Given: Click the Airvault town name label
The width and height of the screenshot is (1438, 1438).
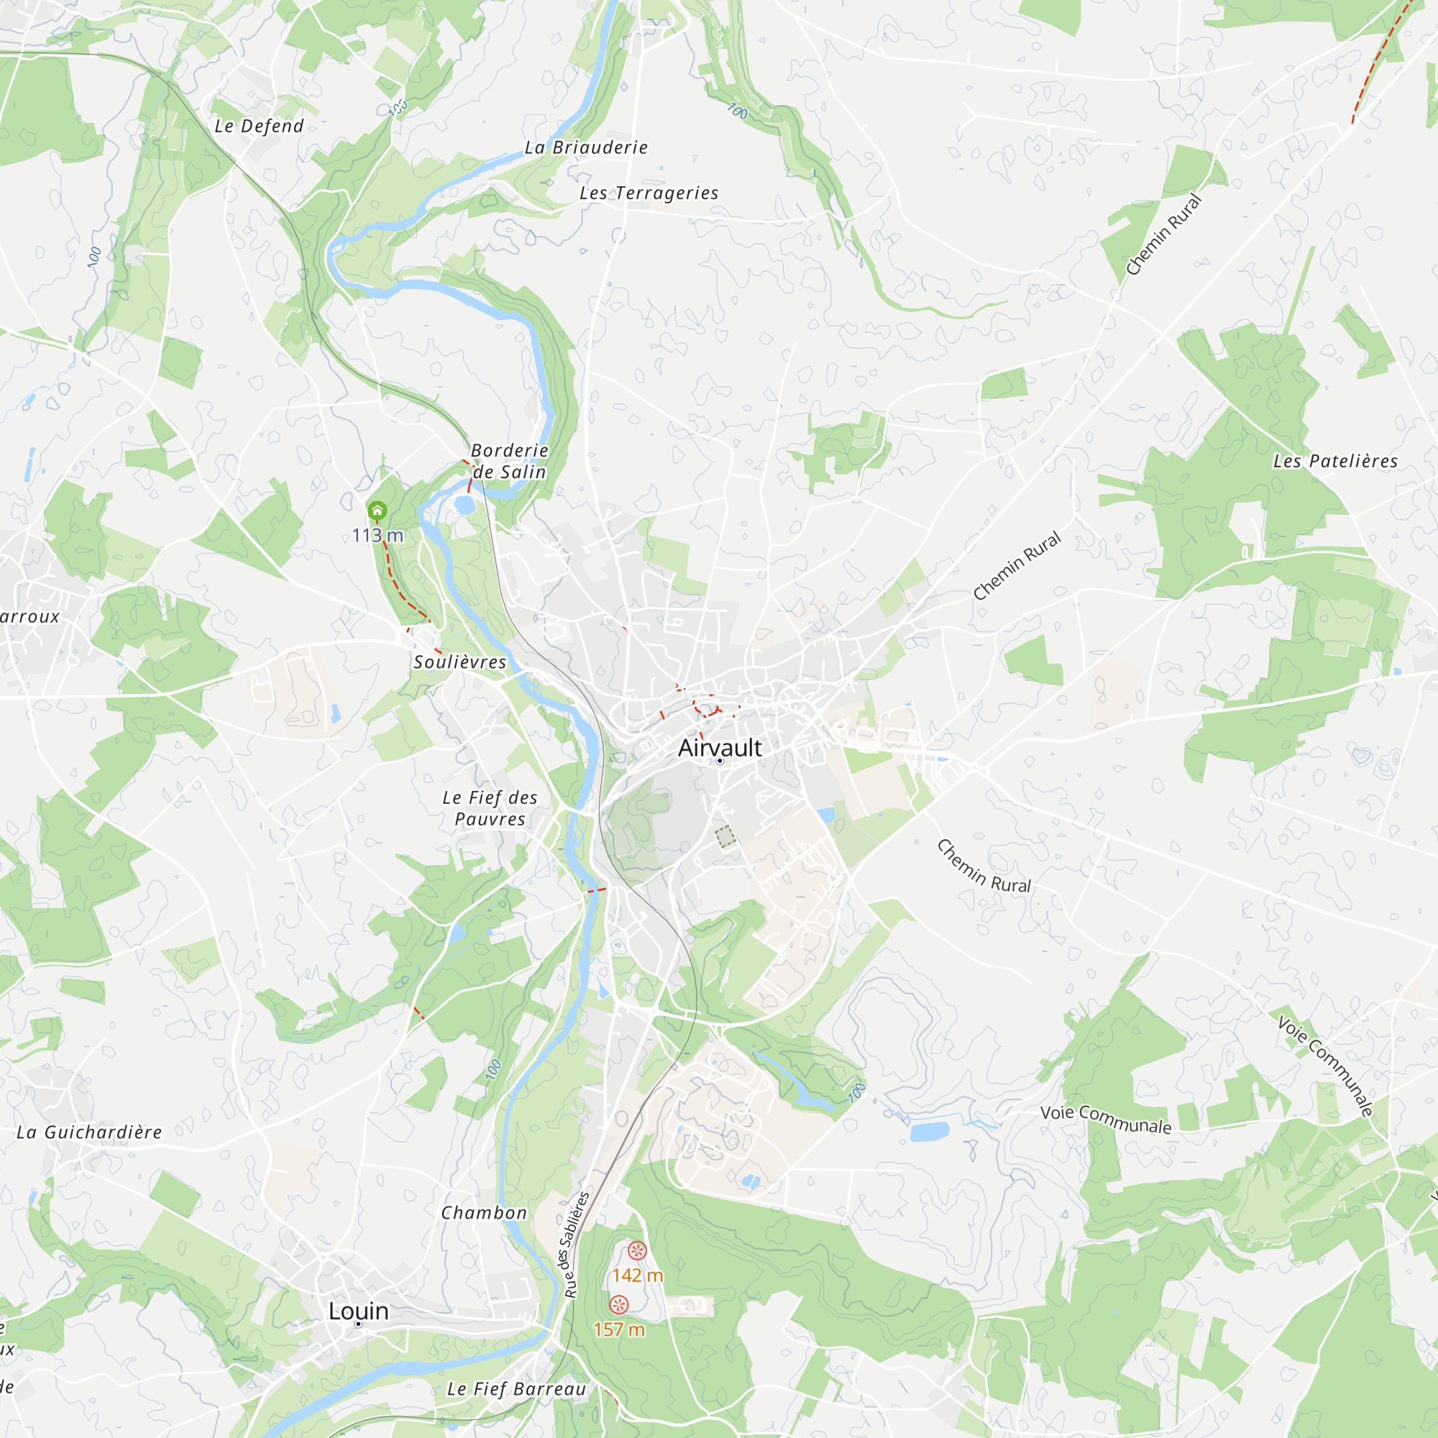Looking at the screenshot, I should (720, 747).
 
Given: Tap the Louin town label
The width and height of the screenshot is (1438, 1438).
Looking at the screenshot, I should (359, 1311).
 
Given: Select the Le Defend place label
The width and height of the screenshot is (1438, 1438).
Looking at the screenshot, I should (259, 126).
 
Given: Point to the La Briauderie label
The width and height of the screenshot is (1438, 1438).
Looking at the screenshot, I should (587, 147).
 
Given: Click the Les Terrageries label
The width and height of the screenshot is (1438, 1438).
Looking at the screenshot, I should (649, 193).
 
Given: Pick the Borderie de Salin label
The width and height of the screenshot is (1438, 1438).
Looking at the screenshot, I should (510, 462).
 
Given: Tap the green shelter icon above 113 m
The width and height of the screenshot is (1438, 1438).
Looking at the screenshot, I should (377, 510).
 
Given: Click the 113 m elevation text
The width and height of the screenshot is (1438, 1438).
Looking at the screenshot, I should (377, 535).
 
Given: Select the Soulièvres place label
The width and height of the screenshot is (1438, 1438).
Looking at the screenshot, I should (460, 661).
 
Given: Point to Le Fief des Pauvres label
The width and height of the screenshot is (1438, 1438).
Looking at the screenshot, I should (490, 808).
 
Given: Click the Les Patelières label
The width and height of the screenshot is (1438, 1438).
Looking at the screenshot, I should (1335, 462).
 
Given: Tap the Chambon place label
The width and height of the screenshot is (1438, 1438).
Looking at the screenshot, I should (484, 1213).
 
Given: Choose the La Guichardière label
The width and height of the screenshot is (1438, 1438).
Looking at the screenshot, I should (89, 1132).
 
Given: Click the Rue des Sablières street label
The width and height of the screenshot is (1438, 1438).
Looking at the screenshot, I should (574, 1245).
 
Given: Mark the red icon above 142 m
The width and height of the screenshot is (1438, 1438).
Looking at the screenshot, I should (637, 1250).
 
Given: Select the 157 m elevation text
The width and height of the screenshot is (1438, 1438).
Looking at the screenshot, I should (619, 1329).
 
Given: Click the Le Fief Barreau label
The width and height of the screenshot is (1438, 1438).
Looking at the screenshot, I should (516, 1389).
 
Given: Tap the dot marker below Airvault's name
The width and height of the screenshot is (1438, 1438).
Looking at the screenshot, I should (720, 761).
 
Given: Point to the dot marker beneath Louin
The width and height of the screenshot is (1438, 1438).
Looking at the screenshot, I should (358, 1324).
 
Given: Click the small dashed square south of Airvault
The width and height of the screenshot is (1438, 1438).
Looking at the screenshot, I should (725, 837).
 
